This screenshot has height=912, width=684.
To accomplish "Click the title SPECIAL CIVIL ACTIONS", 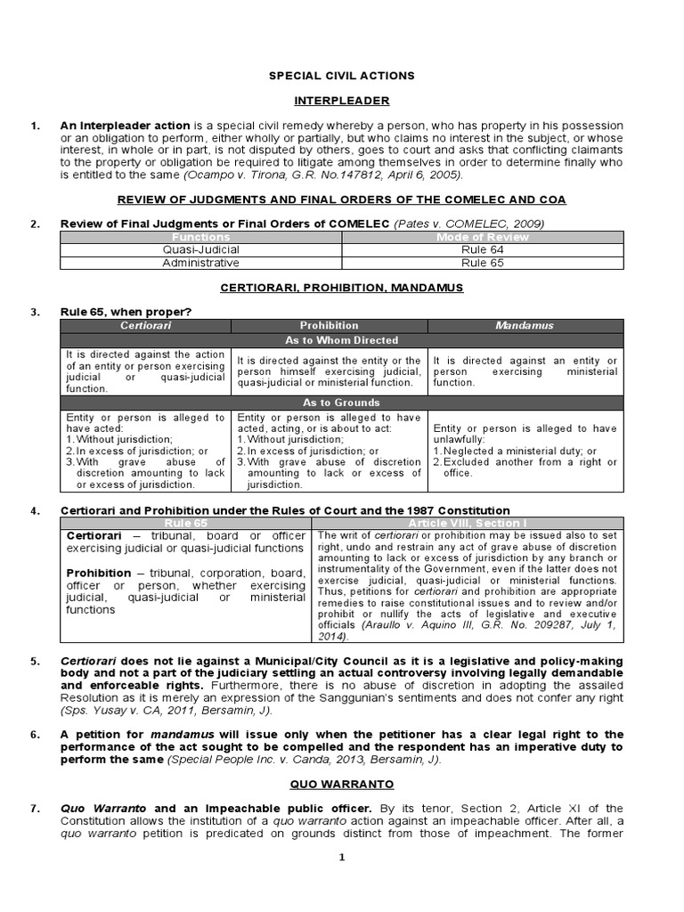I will pyautogui.click(x=343, y=77).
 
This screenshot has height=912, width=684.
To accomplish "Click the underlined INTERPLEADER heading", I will pyautogui.click(x=343, y=101).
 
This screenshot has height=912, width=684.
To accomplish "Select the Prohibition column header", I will pyautogui.click(x=329, y=326).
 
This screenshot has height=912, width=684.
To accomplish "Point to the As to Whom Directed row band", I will pyautogui.click(x=342, y=340).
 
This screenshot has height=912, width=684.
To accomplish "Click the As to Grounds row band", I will pyautogui.click(x=342, y=403).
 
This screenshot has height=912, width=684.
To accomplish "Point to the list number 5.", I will pyautogui.click(x=36, y=662).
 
